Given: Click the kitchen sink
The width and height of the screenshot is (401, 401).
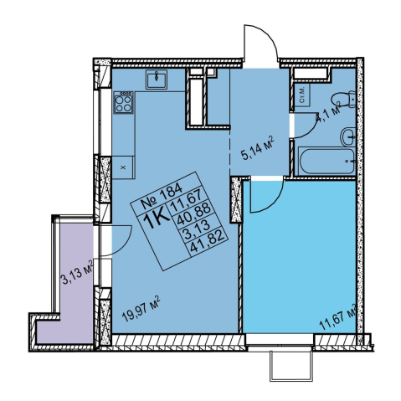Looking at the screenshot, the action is point(157,80).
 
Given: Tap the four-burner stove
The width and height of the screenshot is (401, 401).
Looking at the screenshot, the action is point(124,102).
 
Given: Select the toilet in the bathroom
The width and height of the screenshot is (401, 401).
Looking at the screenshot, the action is point(344,100).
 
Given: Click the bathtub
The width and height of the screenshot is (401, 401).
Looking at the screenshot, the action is point(326,162).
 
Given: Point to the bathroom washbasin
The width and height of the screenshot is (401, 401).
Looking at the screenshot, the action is point(348,136).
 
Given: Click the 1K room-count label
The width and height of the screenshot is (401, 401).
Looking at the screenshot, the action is point(157,219).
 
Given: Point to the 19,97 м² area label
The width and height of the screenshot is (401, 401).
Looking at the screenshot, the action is point(141,309).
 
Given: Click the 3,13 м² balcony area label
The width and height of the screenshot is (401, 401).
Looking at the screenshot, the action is point(77,272).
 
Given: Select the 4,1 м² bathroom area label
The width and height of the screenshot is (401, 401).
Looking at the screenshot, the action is point(327,113).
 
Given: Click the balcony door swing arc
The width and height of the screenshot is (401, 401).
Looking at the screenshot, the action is point(124,244).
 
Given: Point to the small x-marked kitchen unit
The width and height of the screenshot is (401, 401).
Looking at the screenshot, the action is point(124,167).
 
